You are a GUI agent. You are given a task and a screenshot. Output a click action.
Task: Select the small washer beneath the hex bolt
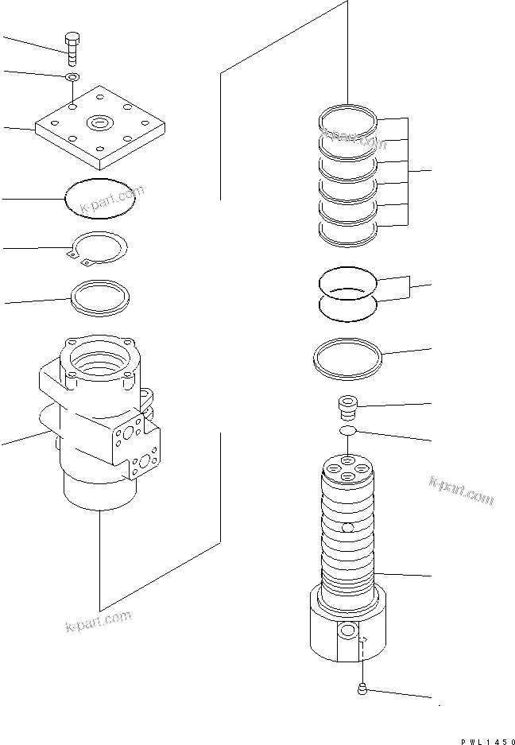72,77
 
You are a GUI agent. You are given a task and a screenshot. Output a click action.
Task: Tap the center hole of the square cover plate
100,122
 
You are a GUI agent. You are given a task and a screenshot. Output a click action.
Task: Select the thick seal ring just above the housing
99,297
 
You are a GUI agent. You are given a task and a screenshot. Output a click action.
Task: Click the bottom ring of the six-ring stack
347,231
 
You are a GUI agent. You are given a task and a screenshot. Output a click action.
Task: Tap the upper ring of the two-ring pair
347,281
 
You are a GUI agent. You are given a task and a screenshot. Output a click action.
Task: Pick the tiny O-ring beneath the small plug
347,432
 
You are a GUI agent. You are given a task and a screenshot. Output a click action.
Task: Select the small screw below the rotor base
362,689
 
